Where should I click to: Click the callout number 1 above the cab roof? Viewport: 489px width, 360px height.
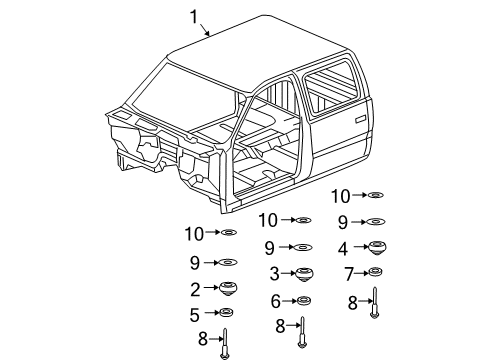click(x=195, y=15)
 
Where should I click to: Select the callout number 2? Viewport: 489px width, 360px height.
click(x=197, y=289)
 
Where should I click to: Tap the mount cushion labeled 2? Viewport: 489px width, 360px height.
click(x=227, y=289)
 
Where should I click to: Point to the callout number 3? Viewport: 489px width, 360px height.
click(x=274, y=273)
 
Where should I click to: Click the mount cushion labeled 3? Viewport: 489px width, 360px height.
click(x=301, y=274)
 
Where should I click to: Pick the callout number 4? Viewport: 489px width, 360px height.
click(x=342, y=247)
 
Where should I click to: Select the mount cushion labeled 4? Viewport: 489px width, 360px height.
click(x=378, y=247)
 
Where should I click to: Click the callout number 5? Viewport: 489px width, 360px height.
click(x=197, y=313)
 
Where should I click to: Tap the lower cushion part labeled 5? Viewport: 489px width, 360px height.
click(x=227, y=313)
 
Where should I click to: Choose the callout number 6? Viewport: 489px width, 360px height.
click(x=274, y=300)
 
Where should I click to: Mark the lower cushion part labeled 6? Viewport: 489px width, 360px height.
click(x=301, y=300)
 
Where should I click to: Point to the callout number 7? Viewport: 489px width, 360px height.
click(x=348, y=273)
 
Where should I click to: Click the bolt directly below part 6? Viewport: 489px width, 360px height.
click(x=301, y=326)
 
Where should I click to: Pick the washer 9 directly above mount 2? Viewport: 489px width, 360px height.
click(x=228, y=263)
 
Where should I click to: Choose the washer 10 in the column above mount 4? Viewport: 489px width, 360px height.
click(x=377, y=196)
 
